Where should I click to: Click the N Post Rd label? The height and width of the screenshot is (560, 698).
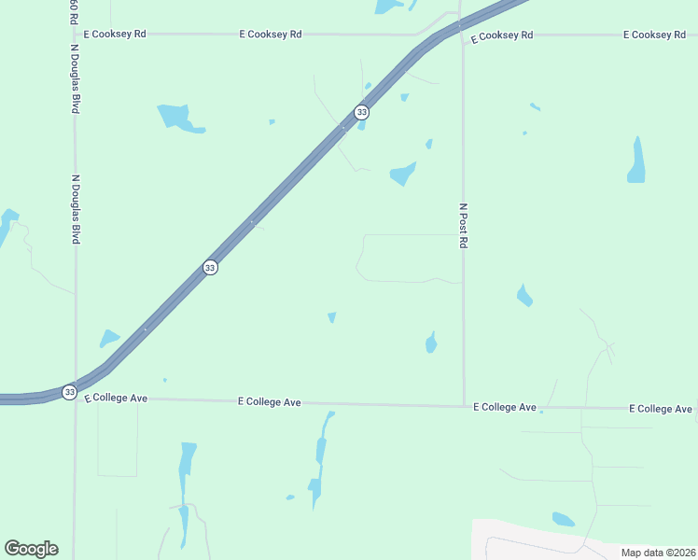[x=462, y=225]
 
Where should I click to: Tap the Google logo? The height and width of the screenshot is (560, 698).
[x=31, y=549]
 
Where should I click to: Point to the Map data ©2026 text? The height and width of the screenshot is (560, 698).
[x=658, y=553]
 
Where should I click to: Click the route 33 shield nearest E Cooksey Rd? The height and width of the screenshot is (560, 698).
[x=362, y=112]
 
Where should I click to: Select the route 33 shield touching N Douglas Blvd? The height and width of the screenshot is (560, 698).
[x=70, y=392]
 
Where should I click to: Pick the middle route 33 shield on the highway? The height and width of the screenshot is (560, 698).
[x=210, y=268]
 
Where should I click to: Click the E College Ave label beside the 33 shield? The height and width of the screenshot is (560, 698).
[x=116, y=398]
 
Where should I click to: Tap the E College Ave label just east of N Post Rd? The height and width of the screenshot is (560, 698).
[x=504, y=407]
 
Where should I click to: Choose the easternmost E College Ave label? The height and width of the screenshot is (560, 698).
[x=661, y=409]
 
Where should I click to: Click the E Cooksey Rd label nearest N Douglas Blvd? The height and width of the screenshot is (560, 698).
[x=115, y=34]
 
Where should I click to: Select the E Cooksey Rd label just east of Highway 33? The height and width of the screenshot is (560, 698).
[x=501, y=35]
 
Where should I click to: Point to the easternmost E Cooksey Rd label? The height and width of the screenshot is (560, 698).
[x=654, y=35]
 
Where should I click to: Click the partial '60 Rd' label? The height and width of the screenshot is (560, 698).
[x=73, y=11]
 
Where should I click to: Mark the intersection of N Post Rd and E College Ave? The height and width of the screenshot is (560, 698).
[x=465, y=405]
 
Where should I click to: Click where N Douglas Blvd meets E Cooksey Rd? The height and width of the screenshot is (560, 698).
[x=75, y=34]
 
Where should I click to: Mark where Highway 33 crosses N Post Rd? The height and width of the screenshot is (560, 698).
[x=461, y=26]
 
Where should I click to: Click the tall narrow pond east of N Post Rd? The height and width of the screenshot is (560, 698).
[x=636, y=161]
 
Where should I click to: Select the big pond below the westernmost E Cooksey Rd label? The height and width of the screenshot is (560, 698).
[x=175, y=118]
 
